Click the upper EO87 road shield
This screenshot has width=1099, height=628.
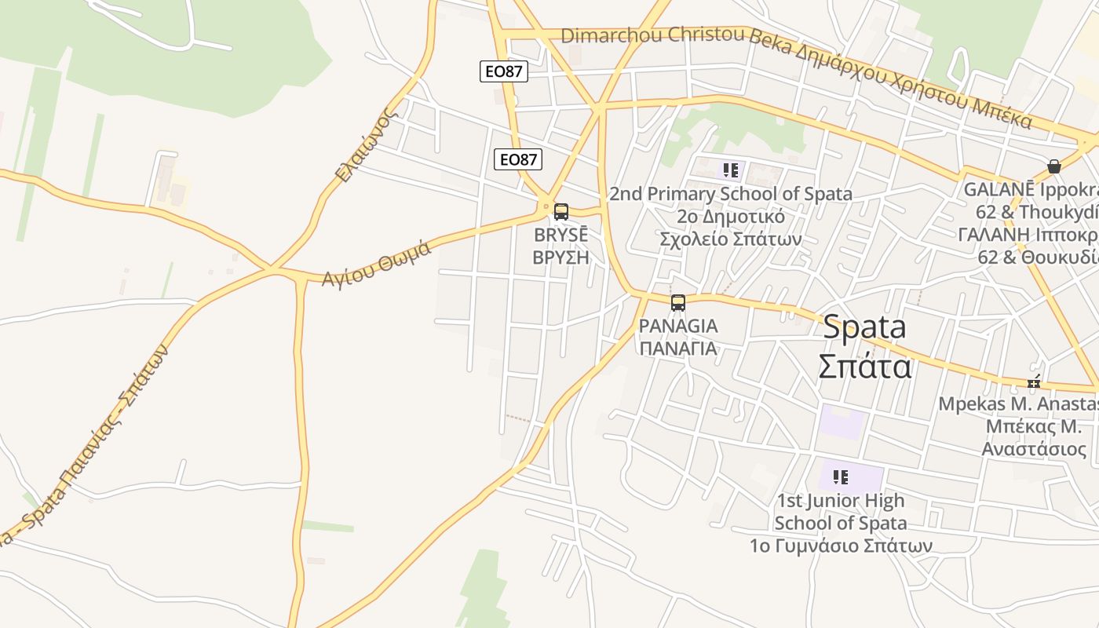tap(503, 71)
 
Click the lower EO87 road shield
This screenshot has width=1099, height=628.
tap(518, 159)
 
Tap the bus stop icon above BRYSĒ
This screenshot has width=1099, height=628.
tap(560, 211)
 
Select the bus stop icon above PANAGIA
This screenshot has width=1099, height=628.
tap(678, 302)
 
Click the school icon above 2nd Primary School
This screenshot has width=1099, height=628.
tap(731, 170)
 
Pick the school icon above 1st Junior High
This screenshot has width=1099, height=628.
tap(841, 476)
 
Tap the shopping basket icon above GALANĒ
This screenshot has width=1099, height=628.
tap(1053, 166)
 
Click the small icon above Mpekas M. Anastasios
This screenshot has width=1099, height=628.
tap(1034, 383)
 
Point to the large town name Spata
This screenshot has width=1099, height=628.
tap(864, 327)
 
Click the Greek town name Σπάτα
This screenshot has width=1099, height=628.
tap(864, 367)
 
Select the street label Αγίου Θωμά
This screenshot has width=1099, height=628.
tap(376, 263)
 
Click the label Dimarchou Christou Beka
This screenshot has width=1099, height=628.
tap(652, 35)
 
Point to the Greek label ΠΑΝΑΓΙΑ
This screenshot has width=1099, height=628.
tap(678, 348)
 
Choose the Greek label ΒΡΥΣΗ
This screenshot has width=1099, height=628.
tap(560, 257)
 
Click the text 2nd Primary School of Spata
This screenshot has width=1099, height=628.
tap(730, 193)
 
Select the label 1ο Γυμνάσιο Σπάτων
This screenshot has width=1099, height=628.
tap(841, 545)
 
